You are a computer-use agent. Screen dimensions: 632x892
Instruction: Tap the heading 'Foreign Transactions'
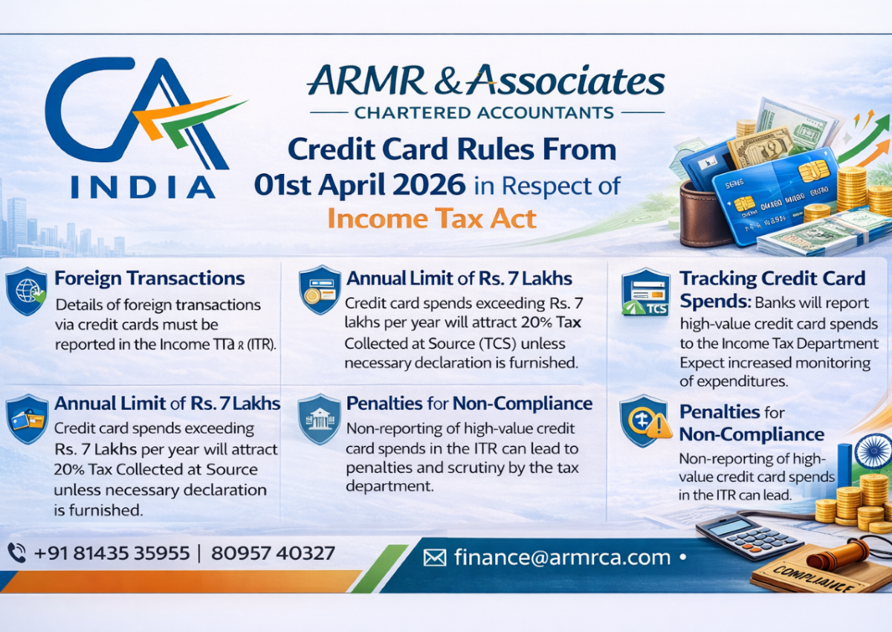(149, 279)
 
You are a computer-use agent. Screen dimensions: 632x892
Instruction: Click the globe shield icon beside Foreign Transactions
(26, 290)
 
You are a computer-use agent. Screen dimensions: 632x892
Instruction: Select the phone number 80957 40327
(273, 553)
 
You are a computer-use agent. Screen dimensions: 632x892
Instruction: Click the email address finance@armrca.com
(562, 557)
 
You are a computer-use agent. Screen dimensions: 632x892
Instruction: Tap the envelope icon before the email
(435, 558)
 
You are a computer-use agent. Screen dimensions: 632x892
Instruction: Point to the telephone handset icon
(16, 552)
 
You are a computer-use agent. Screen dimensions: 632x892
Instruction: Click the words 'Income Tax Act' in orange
(432, 219)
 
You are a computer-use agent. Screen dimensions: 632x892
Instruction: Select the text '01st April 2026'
(361, 184)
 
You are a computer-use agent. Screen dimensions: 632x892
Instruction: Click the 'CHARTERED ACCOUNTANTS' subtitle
(484, 113)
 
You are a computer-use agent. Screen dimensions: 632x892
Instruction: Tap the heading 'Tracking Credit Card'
(772, 279)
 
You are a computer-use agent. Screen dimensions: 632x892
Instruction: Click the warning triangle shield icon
(642, 422)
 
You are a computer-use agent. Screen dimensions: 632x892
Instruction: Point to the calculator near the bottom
(748, 536)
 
